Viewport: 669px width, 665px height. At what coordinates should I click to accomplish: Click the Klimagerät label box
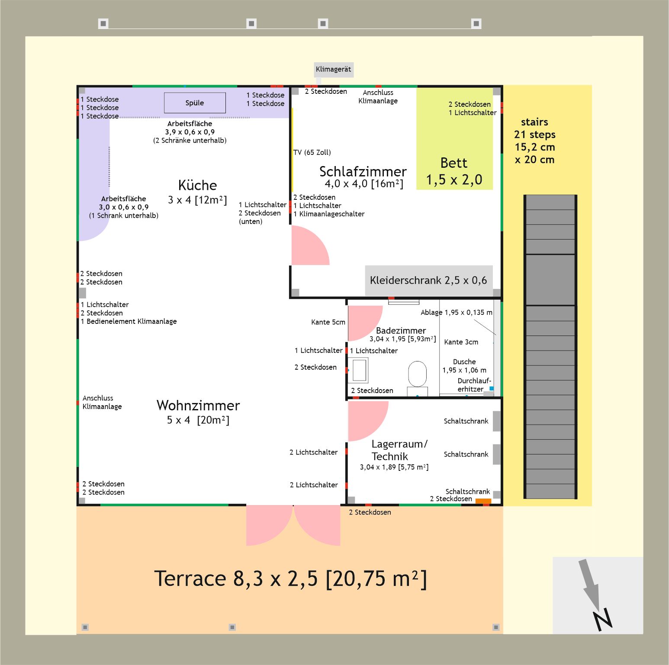333,70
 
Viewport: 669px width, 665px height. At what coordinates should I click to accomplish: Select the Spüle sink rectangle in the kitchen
195,103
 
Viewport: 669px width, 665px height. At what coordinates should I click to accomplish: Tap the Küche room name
197,185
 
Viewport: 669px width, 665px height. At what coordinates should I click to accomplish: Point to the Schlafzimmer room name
363,172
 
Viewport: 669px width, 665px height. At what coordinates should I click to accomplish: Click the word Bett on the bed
454,163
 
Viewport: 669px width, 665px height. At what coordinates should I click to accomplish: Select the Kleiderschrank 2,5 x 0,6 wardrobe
428,281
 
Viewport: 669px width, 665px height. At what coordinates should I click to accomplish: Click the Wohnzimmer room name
198,406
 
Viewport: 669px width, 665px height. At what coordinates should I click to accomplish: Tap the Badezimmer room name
401,331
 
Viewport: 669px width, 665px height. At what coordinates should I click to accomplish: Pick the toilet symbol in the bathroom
417,374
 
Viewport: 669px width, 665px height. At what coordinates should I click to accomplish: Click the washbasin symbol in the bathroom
359,370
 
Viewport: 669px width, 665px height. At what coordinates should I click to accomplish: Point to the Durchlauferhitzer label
473,385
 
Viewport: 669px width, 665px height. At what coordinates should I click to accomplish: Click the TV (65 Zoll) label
312,152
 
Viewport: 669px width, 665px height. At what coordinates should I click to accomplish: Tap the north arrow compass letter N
603,620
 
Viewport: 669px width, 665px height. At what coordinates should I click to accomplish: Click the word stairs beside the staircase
534,122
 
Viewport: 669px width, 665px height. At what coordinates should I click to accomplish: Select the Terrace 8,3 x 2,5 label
290,579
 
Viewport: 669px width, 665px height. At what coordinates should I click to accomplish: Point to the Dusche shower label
464,362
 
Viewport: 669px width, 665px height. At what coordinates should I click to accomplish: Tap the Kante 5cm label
328,322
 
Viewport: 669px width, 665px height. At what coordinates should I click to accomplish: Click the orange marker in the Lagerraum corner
483,501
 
